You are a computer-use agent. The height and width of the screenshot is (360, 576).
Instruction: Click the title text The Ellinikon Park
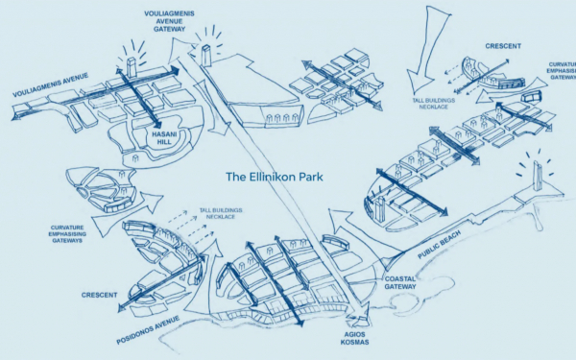[275, 177]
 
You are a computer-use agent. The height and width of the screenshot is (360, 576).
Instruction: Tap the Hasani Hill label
[164, 138]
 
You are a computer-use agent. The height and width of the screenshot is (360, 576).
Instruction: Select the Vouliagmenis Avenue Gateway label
[169, 21]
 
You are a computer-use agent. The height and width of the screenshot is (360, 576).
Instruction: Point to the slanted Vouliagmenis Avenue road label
[51, 84]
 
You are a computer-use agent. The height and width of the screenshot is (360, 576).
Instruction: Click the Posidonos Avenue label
[148, 330]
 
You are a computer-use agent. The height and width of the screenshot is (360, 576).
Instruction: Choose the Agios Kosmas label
[354, 338]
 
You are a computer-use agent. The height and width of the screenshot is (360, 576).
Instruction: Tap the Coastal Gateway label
[400, 283]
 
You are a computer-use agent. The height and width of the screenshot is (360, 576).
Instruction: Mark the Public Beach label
[439, 245]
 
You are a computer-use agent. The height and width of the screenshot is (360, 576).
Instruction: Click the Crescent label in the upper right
[503, 46]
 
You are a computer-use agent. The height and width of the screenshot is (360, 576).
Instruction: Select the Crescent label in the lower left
[99, 295]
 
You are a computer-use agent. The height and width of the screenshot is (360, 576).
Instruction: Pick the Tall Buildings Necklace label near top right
[434, 104]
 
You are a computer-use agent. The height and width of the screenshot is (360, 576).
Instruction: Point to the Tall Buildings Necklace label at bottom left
[221, 213]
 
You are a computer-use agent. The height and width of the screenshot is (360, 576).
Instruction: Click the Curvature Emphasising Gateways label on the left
[67, 234]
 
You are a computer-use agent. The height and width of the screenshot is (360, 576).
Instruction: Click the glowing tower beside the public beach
[537, 177]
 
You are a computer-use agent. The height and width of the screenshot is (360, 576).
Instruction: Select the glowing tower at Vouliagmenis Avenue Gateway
[206, 56]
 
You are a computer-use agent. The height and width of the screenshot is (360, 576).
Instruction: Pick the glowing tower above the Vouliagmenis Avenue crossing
[132, 67]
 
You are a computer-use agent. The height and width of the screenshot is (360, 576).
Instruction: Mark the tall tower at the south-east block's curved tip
[380, 209]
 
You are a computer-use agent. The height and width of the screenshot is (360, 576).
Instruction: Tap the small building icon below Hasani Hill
[135, 158]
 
